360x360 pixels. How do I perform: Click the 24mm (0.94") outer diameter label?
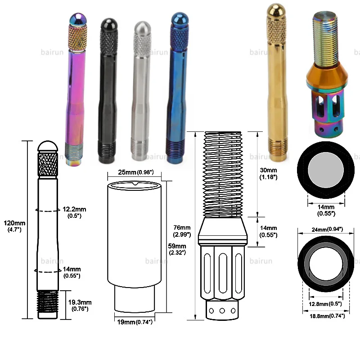[x=327, y=229]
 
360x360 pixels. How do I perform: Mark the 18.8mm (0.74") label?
[x=327, y=316]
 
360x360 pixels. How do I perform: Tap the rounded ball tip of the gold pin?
[x=276, y=10]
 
